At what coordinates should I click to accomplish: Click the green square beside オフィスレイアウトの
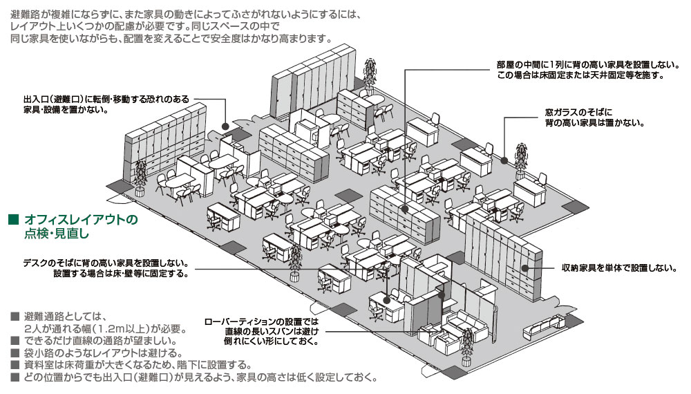12,220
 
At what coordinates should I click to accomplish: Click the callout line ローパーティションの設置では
265,321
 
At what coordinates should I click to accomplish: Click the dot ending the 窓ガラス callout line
504,160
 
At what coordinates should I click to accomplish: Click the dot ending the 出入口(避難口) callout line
226,126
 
